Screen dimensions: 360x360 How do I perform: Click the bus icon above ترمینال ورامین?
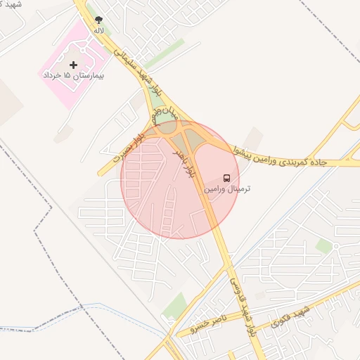(227, 178)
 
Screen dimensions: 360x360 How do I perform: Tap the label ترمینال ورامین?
(227, 189)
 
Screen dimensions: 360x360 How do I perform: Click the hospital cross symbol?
(74, 65)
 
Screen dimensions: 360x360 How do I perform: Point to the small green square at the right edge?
(323, 245)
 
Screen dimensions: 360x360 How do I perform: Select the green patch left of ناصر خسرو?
(175, 306)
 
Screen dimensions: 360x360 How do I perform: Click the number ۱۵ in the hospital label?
(67, 75)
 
